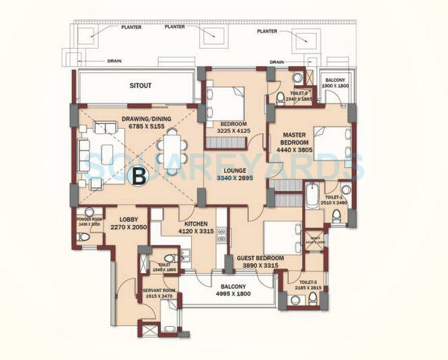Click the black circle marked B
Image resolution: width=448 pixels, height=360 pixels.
139,176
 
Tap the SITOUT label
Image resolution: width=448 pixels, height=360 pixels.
141,86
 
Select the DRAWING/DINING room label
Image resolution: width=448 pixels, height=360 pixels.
146,119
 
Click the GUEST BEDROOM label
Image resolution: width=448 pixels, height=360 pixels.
260,258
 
